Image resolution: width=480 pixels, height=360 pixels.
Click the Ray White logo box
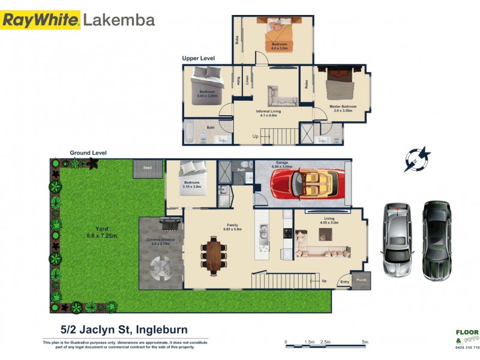(40, 20)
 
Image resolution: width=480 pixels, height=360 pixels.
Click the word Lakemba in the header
(119, 20)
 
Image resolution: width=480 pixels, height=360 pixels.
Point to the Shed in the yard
(148, 169)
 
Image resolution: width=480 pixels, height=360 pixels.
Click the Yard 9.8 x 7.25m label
(98, 232)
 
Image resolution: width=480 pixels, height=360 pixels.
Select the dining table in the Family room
(214, 254)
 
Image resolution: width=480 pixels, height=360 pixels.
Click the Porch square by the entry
(361, 281)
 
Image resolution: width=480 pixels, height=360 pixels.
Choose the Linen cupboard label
(247, 81)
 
